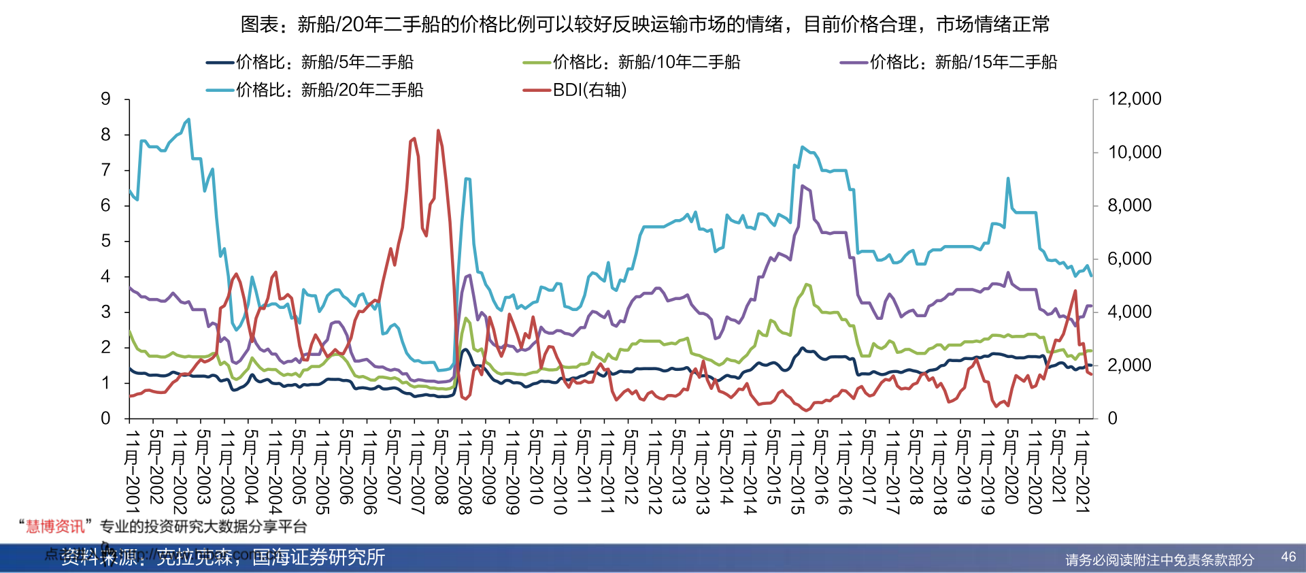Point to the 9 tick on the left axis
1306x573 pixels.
tap(105, 99)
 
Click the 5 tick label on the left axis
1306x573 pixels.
tap(105, 241)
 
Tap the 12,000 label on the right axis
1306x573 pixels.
tap(1135, 99)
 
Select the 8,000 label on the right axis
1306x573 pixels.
tap(1129, 206)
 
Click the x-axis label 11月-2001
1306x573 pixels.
tap(132, 471)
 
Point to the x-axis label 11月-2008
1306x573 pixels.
tap(465, 471)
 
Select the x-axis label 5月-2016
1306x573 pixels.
tap(821, 467)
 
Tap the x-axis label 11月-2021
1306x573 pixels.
tap(1082, 471)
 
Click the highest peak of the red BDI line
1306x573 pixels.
tap(438, 130)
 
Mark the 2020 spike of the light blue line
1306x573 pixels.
tap(1007, 178)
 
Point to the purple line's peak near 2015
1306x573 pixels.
tap(803, 186)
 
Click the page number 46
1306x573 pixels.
tap(1288, 557)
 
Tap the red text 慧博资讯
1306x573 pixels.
tap(55, 526)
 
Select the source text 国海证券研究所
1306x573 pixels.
tap(318, 557)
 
